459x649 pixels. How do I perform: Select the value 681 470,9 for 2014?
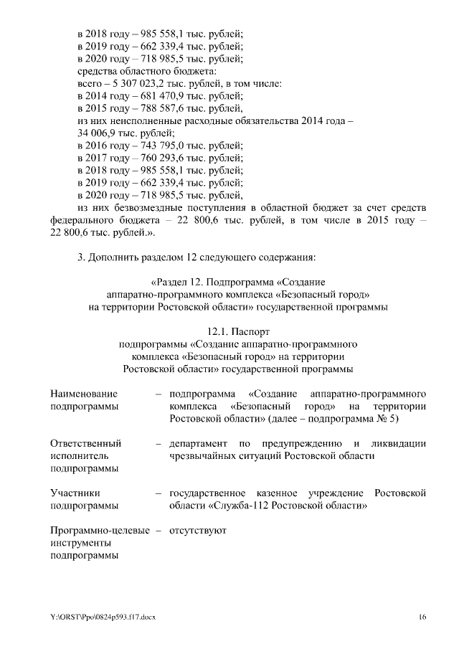click(157, 95)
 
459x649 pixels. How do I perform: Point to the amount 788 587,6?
click(157, 108)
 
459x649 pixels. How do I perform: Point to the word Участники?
click(75, 493)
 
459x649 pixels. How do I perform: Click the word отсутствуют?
click(198, 531)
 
